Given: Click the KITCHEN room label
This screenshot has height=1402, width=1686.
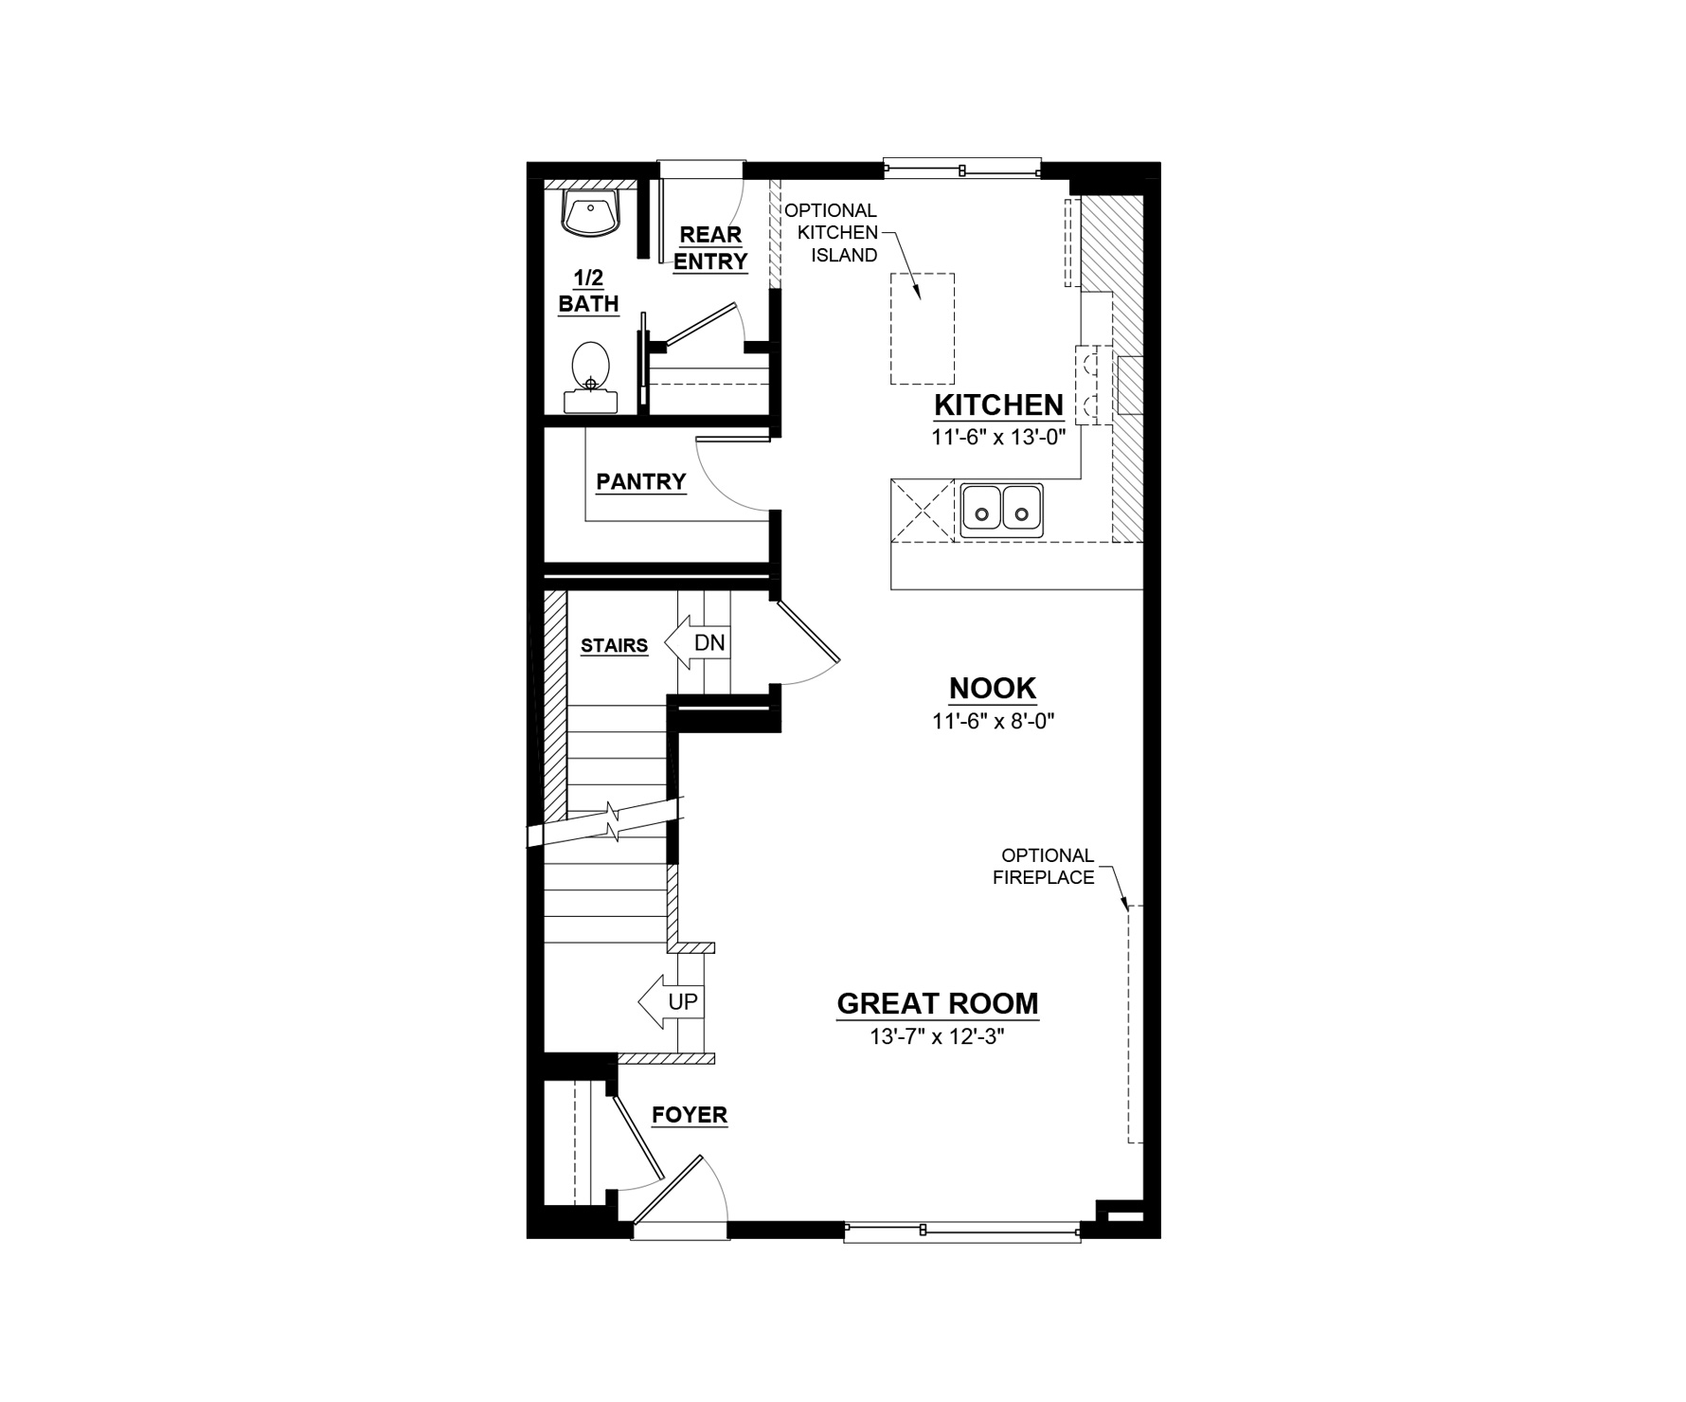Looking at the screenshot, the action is tap(999, 405).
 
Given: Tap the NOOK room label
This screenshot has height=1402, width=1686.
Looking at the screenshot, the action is tap(993, 689).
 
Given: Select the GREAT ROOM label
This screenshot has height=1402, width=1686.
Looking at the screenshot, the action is tap(938, 1004).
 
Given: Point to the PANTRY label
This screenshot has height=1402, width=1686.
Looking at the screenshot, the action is tap(641, 482).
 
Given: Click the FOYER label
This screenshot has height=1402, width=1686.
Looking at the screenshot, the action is tap(690, 1116).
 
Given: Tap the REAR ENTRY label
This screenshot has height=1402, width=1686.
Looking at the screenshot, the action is tap(710, 248).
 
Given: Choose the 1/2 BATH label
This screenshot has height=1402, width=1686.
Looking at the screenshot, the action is tap(588, 291).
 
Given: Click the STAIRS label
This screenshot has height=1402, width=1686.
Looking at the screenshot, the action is tap(614, 646).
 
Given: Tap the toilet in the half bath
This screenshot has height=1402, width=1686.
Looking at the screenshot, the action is tap(591, 377).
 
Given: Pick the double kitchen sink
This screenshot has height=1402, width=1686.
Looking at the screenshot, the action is tap(1002, 512).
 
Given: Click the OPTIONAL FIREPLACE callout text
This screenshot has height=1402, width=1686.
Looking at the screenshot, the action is tap(1044, 867).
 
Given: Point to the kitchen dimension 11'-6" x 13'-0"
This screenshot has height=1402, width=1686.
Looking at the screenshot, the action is tap(999, 438).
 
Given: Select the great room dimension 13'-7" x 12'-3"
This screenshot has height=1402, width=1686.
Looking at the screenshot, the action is tap(937, 1036).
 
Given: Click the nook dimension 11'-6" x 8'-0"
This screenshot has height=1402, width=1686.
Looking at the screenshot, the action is tap(993, 721).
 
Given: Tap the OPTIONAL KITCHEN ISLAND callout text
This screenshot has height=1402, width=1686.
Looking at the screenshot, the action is tap(831, 233).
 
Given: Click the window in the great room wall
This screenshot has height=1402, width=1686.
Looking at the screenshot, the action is tap(962, 1231).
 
